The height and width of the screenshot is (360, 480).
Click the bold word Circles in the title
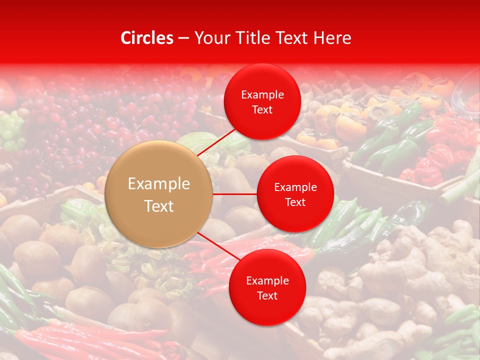click(x=146, y=38)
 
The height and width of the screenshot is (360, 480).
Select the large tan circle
click(x=159, y=194)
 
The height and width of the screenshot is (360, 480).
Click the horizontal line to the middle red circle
click(x=235, y=194)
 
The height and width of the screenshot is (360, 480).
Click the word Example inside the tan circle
click(x=159, y=184)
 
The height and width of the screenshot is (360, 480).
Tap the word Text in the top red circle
click(x=262, y=110)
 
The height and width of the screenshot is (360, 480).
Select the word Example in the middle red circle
click(x=295, y=187)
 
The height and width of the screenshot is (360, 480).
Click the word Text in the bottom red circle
click(x=267, y=296)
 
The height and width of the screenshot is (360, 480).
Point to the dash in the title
click(x=183, y=38)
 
